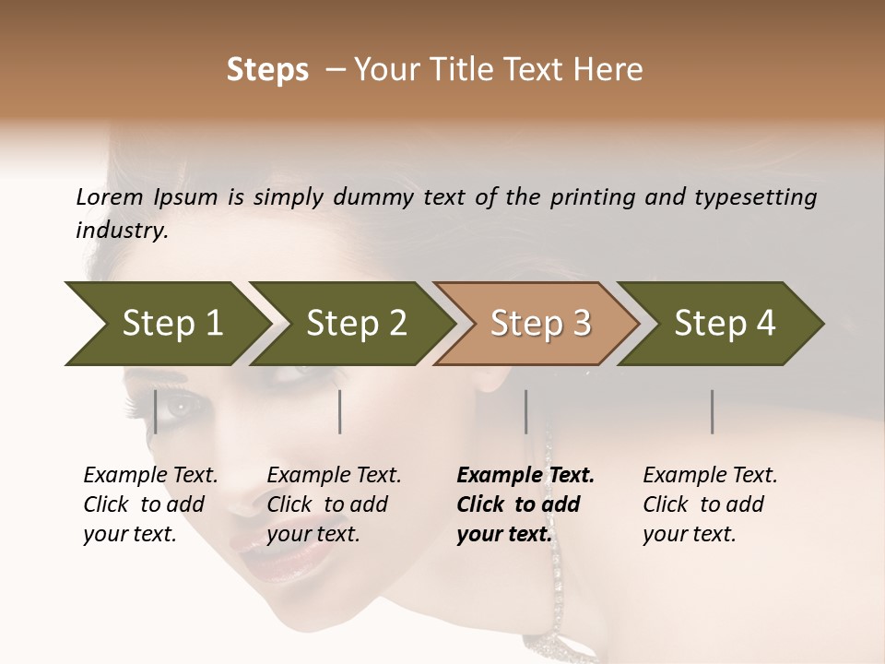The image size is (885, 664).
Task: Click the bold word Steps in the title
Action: pyautogui.click(x=267, y=70)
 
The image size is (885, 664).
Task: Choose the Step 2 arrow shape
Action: pyautogui.click(x=350, y=324)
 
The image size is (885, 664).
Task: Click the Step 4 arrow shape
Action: pyautogui.click(x=722, y=324)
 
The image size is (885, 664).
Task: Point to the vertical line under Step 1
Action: pyautogui.click(x=156, y=411)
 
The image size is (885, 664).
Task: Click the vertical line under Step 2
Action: pyautogui.click(x=340, y=411)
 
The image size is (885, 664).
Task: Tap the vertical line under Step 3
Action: pyautogui.click(x=526, y=411)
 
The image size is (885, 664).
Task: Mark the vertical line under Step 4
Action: pyautogui.click(x=713, y=411)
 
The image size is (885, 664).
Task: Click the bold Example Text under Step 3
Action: pyautogui.click(x=525, y=475)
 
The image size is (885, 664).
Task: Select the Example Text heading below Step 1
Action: pyautogui.click(x=150, y=475)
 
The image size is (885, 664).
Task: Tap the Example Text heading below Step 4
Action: pyautogui.click(x=710, y=475)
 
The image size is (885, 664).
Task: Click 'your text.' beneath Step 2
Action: pyautogui.click(x=313, y=534)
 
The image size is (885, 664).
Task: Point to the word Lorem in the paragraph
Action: pyautogui.click(x=109, y=196)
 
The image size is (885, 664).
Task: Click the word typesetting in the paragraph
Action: pyautogui.click(x=763, y=197)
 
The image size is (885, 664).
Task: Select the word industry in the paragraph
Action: pyautogui.click(x=122, y=230)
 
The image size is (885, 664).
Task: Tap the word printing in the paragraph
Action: pyautogui.click(x=594, y=197)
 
